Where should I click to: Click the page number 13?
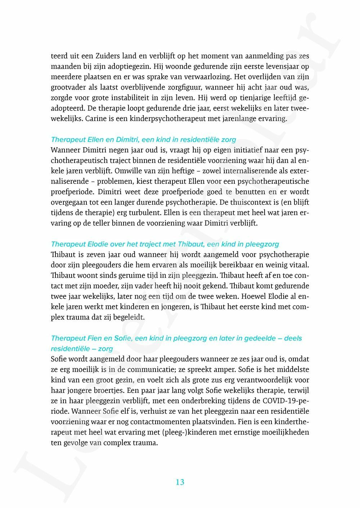tap(180, 482)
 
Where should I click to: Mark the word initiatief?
tap(243, 150)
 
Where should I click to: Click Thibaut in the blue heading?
tap(191, 244)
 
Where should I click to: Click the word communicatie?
tap(142, 369)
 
